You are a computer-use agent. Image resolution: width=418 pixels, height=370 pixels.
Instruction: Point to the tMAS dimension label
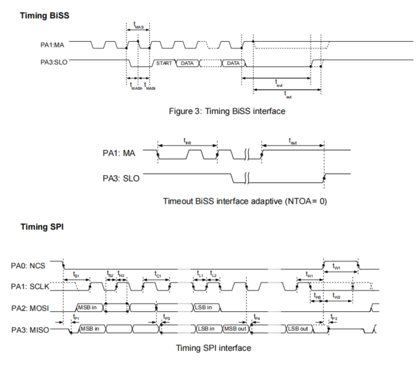tap(138, 27)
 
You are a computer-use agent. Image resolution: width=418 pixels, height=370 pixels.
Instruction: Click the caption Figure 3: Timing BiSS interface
tap(221, 112)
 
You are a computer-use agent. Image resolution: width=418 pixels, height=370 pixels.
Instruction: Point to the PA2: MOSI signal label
tap(32, 309)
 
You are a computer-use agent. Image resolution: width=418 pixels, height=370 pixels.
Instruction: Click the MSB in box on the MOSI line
tap(89, 308)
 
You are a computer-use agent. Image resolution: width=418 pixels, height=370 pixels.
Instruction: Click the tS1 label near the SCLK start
tap(76, 274)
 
